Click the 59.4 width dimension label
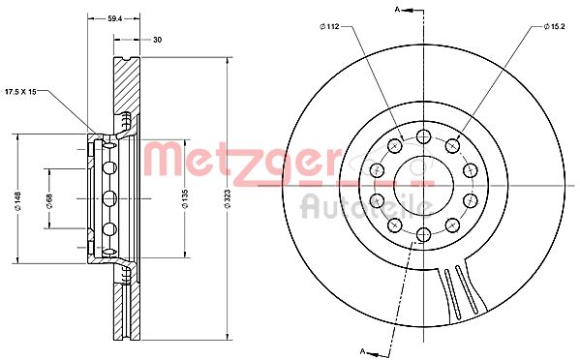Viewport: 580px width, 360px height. (x=114, y=18)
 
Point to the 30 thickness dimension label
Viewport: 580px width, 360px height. (x=157, y=40)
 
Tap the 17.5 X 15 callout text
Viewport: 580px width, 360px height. (x=20, y=92)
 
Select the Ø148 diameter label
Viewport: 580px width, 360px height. (x=17, y=201)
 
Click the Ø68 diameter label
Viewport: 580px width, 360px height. (x=49, y=201)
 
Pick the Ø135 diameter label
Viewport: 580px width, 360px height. (x=185, y=198)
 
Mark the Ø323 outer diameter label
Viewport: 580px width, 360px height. (x=228, y=198)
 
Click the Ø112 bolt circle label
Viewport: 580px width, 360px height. (x=329, y=26)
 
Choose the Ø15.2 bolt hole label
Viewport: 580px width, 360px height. (x=555, y=26)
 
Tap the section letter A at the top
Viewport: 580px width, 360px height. (x=397, y=10)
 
